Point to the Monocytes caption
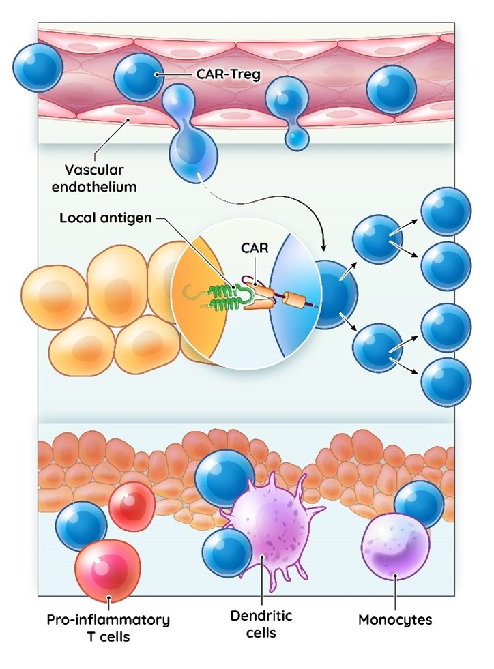(395, 621)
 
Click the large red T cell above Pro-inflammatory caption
(108, 568)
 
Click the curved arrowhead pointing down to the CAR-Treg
(324, 247)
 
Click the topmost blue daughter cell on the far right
(446, 211)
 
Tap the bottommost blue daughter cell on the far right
(446, 382)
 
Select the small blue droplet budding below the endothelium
(297, 139)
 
